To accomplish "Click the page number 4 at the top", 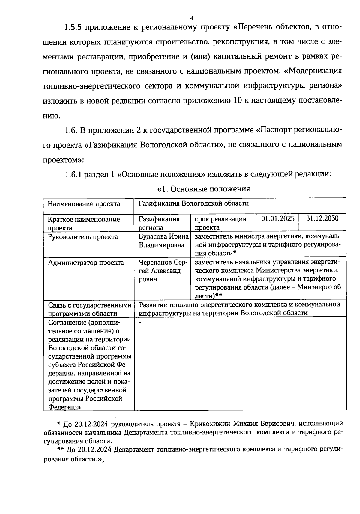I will point(192,17).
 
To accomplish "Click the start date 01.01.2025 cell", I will point(278,218).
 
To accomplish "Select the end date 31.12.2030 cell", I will point(322,218).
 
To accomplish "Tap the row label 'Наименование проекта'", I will point(84,204).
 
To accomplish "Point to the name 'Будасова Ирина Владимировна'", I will point(163,241).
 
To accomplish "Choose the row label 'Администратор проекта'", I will point(86,263).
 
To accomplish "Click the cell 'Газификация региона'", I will point(159,223).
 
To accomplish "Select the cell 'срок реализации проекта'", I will point(220,223).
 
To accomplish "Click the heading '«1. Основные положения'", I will point(204,189).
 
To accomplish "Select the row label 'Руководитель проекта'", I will point(83,237).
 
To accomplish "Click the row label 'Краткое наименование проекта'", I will point(84,223).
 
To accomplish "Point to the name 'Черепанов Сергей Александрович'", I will point(162,271).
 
